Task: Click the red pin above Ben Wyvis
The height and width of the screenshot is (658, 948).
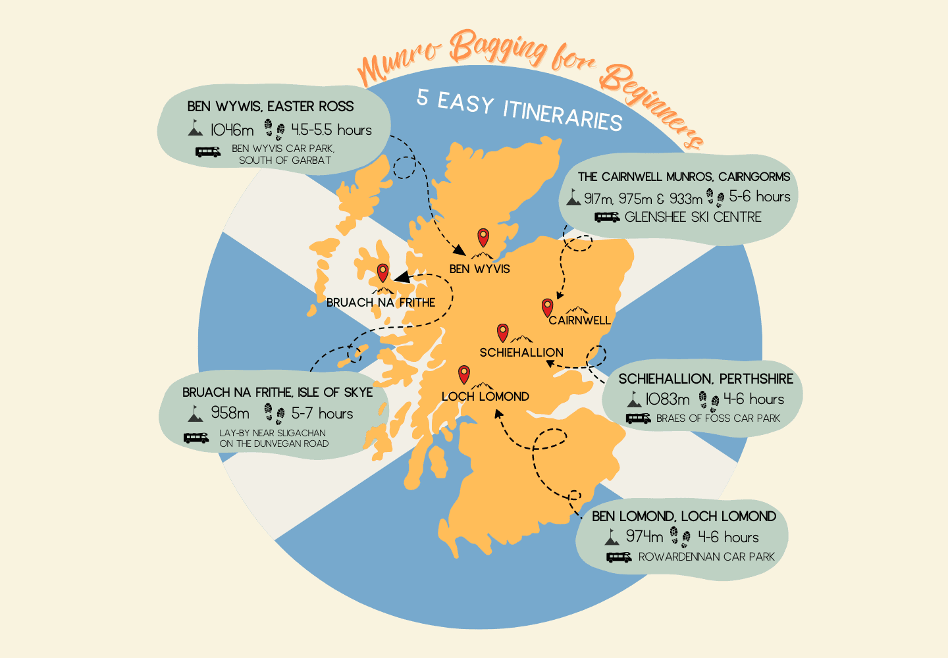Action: pos(483,237)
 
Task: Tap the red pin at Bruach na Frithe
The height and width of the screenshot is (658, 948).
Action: pos(382,272)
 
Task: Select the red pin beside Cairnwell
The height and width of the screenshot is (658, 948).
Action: pos(547,307)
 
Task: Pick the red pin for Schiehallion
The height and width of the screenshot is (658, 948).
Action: pos(503,332)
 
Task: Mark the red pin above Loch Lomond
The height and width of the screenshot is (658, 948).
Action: pos(464,374)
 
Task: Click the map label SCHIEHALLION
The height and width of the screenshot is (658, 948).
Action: pos(521,353)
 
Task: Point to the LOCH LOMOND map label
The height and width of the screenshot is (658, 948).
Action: pos(485,397)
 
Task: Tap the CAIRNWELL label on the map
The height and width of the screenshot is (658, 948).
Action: pos(579,320)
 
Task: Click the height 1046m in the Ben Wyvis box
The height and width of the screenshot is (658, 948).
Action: pos(232,130)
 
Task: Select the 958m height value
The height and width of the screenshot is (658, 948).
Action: pos(230,413)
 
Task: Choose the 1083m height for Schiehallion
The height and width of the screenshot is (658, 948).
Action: pos(668,399)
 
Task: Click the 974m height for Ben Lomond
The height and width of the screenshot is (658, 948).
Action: pos(645,537)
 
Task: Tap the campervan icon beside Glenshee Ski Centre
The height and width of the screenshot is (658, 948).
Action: pos(606,217)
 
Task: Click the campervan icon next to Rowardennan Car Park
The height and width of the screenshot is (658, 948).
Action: pos(619,557)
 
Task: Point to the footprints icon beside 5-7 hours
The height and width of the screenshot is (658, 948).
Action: pos(275,413)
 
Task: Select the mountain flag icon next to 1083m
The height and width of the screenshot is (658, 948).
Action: pos(634,399)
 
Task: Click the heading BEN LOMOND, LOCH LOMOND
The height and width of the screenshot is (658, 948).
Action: pos(684,517)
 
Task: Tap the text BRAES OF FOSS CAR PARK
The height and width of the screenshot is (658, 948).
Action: pos(718,418)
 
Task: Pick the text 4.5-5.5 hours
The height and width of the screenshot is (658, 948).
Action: pos(331,130)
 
